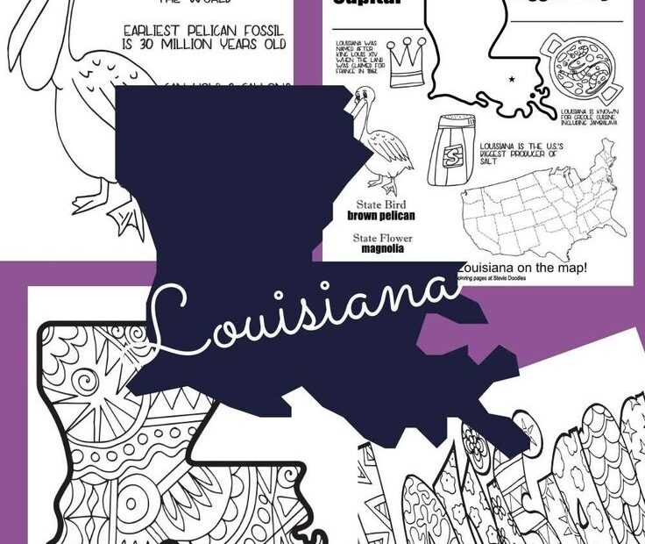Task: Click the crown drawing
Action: [406, 62]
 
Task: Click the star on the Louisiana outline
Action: [511, 81]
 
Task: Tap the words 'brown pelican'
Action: [380, 215]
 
